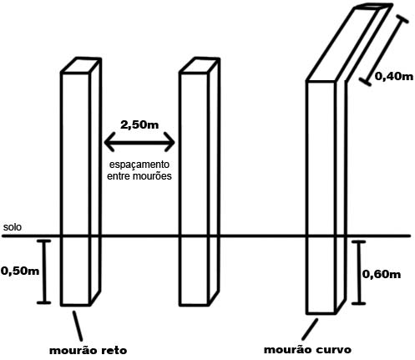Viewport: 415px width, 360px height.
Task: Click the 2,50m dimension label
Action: (139, 124)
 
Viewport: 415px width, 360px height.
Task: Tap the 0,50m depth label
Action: (20, 271)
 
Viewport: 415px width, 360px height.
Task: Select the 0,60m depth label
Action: (382, 275)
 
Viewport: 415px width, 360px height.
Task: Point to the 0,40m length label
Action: (394, 76)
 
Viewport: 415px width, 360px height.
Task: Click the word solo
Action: (13, 227)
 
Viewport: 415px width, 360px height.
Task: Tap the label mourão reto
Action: (88, 350)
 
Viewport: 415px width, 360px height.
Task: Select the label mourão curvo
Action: (307, 349)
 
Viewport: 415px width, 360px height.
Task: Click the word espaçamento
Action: (139, 165)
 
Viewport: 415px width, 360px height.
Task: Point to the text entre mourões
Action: (139, 176)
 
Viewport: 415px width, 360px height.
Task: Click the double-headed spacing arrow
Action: (139, 142)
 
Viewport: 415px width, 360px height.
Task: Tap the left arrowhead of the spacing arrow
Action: (109, 142)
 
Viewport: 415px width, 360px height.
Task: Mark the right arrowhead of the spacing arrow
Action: (170, 142)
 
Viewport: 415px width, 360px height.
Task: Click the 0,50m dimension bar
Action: (43, 271)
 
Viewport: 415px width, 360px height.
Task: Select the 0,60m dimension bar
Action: (358, 273)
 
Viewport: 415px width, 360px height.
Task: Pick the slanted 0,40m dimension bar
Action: (383, 50)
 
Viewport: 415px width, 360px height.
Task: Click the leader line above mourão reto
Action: (78, 326)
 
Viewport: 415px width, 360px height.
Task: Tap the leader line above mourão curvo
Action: (310, 329)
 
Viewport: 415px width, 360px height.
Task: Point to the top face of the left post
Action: (81, 65)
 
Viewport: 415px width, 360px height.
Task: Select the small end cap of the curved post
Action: (374, 7)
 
